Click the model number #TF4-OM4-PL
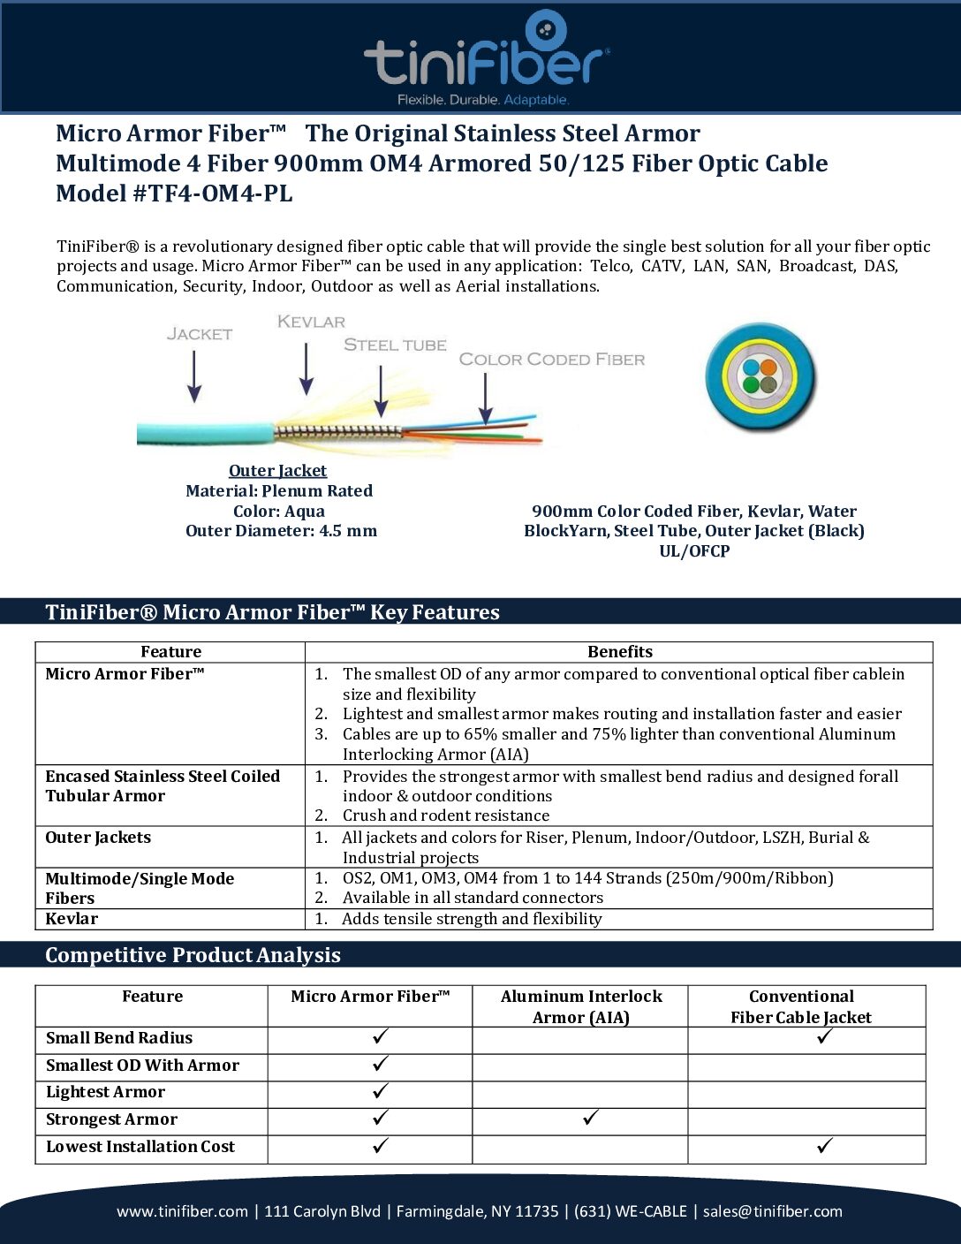(x=212, y=193)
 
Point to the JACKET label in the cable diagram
(x=200, y=334)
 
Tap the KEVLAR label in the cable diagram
(x=311, y=322)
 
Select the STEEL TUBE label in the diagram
(x=395, y=345)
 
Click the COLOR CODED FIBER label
(x=551, y=359)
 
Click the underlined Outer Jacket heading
(x=277, y=471)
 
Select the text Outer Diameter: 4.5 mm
(x=281, y=531)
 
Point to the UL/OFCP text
(x=694, y=551)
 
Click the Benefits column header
(x=619, y=652)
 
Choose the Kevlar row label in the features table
(x=72, y=919)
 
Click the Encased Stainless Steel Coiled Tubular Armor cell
(x=163, y=785)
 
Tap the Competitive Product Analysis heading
(x=193, y=955)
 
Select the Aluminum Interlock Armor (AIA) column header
(x=580, y=1006)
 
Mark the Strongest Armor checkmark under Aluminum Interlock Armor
(x=590, y=1119)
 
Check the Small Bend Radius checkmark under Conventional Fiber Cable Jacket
(x=824, y=1036)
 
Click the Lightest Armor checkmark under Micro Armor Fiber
(x=380, y=1091)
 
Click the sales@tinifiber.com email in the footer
(x=773, y=1211)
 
